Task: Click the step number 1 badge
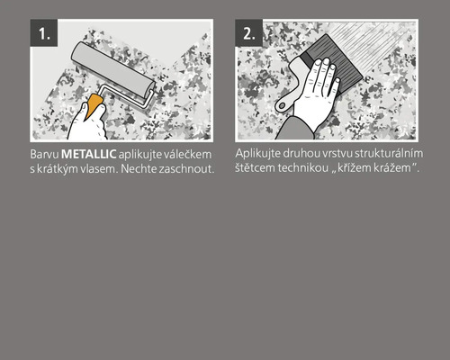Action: (x=45, y=33)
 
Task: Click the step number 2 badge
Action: (x=249, y=33)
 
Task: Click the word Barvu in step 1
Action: (x=43, y=156)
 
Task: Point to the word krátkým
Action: (x=57, y=171)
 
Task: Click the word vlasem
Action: (x=97, y=171)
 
